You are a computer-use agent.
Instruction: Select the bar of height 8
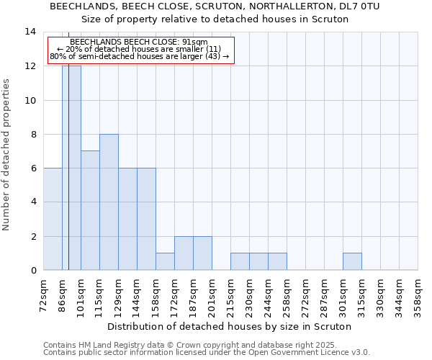coord(109,202)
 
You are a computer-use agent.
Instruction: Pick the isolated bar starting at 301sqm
coord(352,262)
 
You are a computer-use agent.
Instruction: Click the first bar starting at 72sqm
coord(53,219)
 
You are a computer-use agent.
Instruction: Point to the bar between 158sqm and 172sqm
coord(165,262)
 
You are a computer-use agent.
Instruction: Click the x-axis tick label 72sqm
coord(44,292)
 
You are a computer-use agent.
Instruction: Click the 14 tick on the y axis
coord(30,32)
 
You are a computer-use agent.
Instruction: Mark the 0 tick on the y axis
coord(33,271)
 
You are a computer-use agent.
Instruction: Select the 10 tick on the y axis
coord(30,100)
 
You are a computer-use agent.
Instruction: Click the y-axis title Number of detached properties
coord(7,154)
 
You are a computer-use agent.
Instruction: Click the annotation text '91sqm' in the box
coord(194,42)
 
